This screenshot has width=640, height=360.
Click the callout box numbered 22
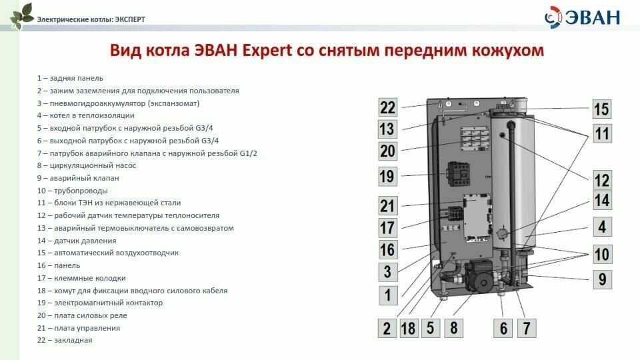(x=388, y=108)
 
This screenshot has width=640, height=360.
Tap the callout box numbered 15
(x=602, y=109)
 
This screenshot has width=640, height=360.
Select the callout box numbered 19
(x=388, y=176)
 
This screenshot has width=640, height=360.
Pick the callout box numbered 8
(x=453, y=328)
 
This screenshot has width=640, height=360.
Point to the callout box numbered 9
(x=603, y=279)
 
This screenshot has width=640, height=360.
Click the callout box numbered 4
(x=602, y=227)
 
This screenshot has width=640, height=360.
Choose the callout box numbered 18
(x=408, y=328)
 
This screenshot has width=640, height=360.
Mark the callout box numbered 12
(x=602, y=179)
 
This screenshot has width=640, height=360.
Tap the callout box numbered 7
(x=527, y=328)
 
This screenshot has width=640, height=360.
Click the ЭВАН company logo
(x=583, y=17)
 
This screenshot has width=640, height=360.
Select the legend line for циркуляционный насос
(x=87, y=165)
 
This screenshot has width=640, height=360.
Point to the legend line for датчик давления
(x=77, y=241)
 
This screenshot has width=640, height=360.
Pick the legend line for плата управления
(x=79, y=328)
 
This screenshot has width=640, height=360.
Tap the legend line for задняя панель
(x=70, y=78)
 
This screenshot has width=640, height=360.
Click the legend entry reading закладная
(x=65, y=340)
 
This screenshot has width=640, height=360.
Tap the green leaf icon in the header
(x=21, y=16)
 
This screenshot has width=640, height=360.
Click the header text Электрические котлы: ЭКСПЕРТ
(x=91, y=19)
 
